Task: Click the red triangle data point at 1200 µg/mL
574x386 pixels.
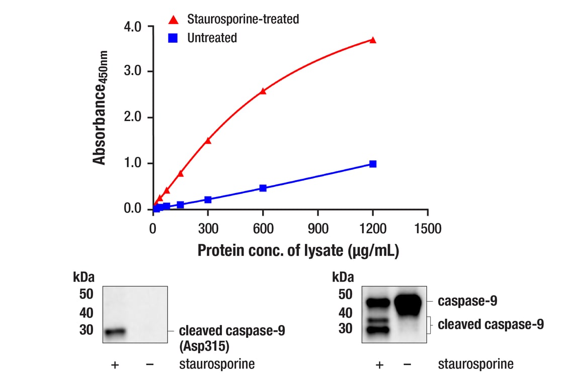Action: [x=373, y=40]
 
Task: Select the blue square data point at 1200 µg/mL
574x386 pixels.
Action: [x=373, y=164]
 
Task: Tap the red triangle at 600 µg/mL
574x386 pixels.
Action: [x=263, y=91]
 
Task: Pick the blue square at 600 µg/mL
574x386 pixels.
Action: [x=263, y=188]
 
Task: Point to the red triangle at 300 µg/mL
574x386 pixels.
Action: [x=208, y=140]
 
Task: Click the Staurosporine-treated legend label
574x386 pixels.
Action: [x=243, y=20]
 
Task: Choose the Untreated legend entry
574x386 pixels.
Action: [x=212, y=38]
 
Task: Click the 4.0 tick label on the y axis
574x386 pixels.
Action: [x=133, y=26]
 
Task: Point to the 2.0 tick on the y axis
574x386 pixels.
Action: [x=133, y=118]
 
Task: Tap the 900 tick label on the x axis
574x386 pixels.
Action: [x=318, y=229]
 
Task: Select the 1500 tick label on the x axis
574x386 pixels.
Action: [x=428, y=229]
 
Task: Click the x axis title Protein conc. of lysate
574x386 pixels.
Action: [x=298, y=250]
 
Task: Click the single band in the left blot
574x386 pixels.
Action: [x=115, y=331]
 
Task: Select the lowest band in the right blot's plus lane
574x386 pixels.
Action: [x=378, y=330]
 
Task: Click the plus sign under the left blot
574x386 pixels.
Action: [x=115, y=364]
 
